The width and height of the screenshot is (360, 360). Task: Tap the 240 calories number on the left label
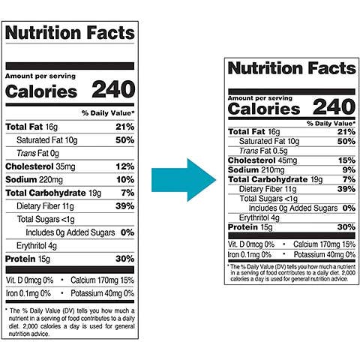112,91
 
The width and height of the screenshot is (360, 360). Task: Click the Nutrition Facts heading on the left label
70,33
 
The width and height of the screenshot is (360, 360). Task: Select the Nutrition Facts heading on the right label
291,69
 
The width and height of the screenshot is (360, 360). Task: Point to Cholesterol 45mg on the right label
262,160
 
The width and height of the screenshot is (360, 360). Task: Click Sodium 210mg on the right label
256,169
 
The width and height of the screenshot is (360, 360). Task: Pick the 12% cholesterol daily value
125,166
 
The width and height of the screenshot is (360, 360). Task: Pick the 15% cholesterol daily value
346,160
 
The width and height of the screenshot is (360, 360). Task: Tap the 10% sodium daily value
125,179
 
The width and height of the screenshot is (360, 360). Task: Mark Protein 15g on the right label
251,227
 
